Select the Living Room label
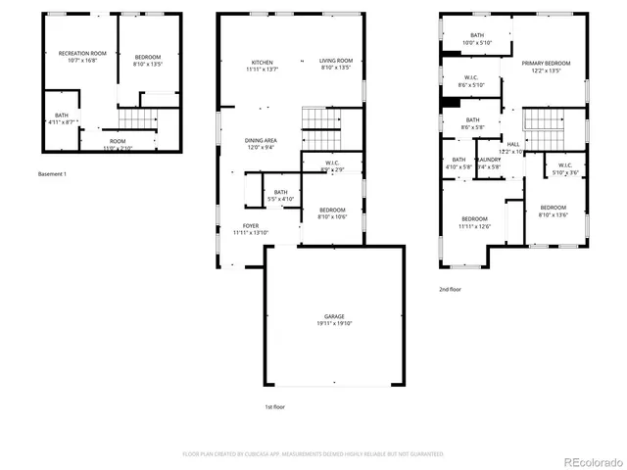pyautogui.click(x=336, y=62)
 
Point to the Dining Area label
pyautogui.click(x=261, y=141)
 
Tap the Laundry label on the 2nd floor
pyautogui.click(x=488, y=160)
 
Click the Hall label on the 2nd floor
pyautogui.click(x=512, y=144)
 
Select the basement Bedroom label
pyautogui.click(x=148, y=57)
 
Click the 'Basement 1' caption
pyautogui.click(x=52, y=174)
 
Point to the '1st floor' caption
pyautogui.click(x=274, y=406)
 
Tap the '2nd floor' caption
pyautogui.click(x=451, y=290)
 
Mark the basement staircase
pyautogui.click(x=137, y=118)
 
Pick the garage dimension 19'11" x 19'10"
pyautogui.click(x=335, y=324)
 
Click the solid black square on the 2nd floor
pyautogui.click(x=448, y=103)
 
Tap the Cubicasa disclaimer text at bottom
pyautogui.click(x=313, y=454)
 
